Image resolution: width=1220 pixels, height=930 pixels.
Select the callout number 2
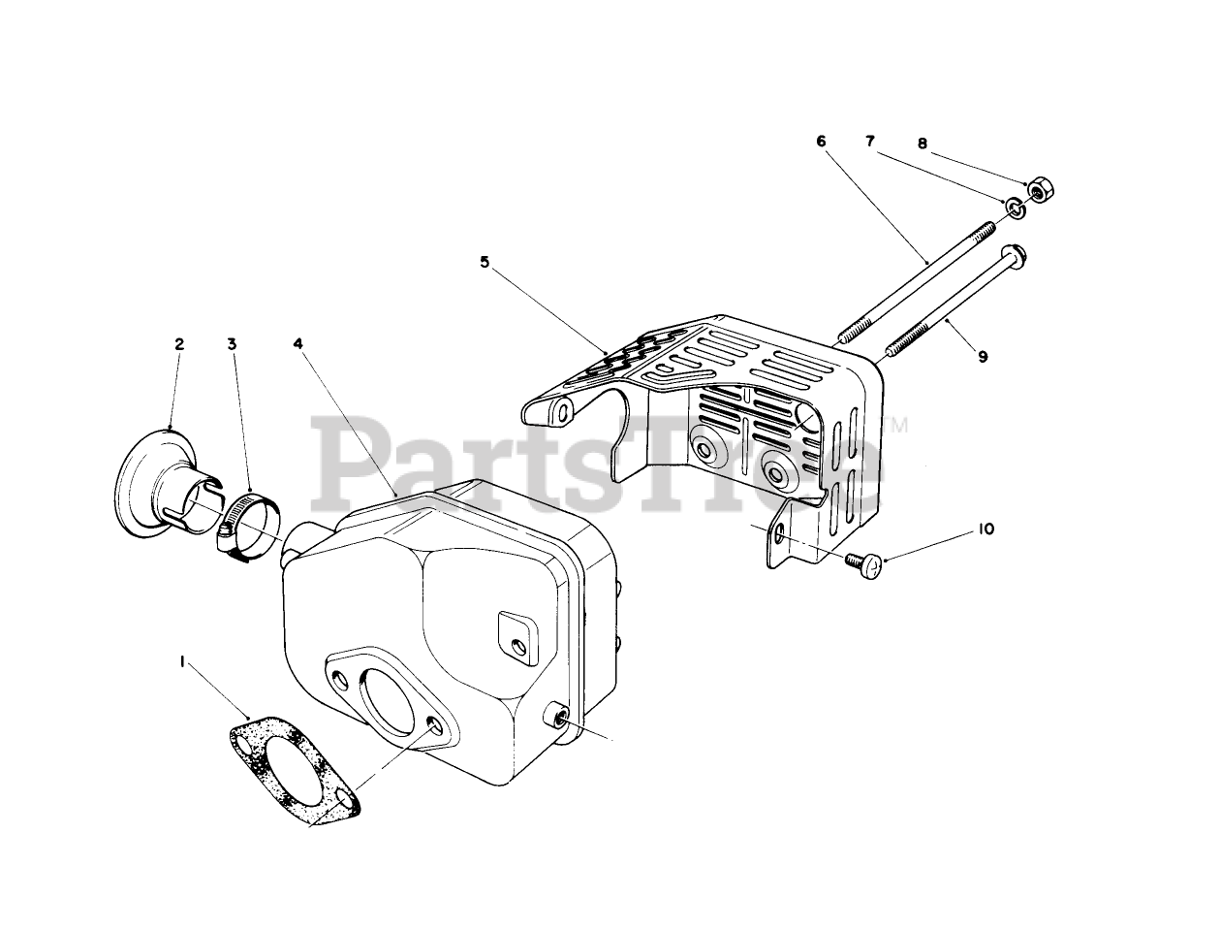click(179, 343)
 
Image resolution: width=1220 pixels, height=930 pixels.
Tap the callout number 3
click(232, 343)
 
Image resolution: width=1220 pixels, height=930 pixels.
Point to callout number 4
click(298, 343)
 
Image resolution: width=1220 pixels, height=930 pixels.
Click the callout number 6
click(822, 142)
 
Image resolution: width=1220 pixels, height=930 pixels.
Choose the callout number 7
click(871, 142)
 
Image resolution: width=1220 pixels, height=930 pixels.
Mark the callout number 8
click(922, 144)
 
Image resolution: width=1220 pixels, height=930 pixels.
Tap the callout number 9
click(983, 357)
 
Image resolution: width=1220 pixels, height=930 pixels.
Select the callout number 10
click(985, 529)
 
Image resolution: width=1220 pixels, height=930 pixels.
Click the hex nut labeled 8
click(1037, 188)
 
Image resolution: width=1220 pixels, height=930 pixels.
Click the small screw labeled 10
click(860, 561)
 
